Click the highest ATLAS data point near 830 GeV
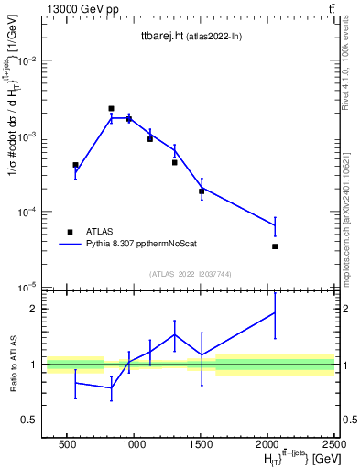click(111, 108)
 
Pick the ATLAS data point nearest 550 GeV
click(75, 165)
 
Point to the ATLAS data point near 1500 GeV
click(202, 191)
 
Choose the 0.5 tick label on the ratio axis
click(30, 420)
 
